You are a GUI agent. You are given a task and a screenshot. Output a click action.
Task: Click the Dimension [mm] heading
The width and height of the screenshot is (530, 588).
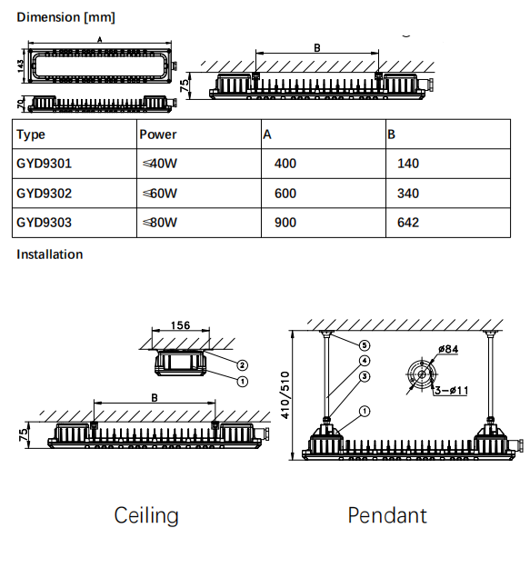pyautogui.click(x=65, y=17)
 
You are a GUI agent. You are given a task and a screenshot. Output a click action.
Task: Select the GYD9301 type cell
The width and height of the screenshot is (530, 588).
pyautogui.click(x=44, y=164)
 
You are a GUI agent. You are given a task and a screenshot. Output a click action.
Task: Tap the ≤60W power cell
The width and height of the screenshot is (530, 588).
pyautogui.click(x=160, y=194)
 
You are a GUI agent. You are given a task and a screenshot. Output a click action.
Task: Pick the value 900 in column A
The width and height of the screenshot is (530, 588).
pyautogui.click(x=285, y=223)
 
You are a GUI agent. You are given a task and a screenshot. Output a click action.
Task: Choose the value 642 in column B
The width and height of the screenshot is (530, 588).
pyautogui.click(x=408, y=223)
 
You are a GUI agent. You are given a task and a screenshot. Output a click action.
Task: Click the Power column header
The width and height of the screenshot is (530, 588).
pyautogui.click(x=158, y=135)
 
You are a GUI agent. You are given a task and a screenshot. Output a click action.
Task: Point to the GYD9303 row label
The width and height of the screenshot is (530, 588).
pyautogui.click(x=44, y=223)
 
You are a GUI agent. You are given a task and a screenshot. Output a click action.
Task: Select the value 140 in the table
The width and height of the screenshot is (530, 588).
pyautogui.click(x=408, y=164)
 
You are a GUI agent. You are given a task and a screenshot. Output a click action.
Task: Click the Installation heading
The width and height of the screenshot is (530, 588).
pyautogui.click(x=49, y=254)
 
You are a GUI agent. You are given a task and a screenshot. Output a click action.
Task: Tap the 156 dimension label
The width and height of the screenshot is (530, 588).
pyautogui.click(x=180, y=325)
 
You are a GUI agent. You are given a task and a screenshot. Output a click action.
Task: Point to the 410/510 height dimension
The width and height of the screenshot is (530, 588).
pyautogui.click(x=285, y=395)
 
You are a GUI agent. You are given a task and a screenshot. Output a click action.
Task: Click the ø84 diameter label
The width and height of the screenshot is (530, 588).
pyautogui.click(x=448, y=349)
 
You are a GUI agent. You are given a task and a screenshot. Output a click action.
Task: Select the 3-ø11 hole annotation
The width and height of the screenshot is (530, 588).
pyautogui.click(x=452, y=391)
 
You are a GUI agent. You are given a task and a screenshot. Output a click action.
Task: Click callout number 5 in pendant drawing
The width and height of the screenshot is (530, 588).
pyautogui.click(x=365, y=345)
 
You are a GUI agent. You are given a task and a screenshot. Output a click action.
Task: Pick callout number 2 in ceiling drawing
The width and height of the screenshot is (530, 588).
pyautogui.click(x=243, y=364)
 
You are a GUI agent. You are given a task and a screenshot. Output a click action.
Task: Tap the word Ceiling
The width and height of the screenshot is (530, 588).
pyautogui.click(x=146, y=515)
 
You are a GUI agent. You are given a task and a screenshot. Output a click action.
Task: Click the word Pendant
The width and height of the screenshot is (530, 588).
pyautogui.click(x=387, y=515)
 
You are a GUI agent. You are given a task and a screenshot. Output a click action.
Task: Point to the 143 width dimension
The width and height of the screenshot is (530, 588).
pyautogui.click(x=20, y=65)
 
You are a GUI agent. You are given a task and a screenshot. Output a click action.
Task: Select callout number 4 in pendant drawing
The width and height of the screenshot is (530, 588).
pyautogui.click(x=365, y=361)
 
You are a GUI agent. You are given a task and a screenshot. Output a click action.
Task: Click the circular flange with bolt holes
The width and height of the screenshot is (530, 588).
pyautogui.click(x=422, y=374)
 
